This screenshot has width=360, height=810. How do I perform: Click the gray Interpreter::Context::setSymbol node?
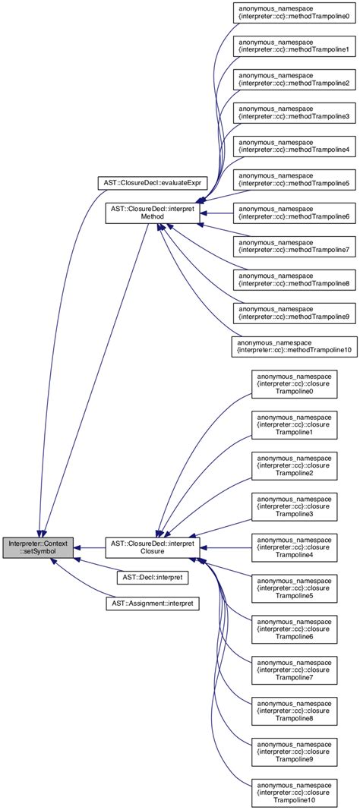click(x=39, y=547)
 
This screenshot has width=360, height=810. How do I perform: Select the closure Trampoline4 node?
click(x=294, y=547)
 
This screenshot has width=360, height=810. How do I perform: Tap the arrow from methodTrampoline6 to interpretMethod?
click(x=220, y=212)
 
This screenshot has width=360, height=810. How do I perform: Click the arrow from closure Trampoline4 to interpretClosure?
click(x=228, y=547)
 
